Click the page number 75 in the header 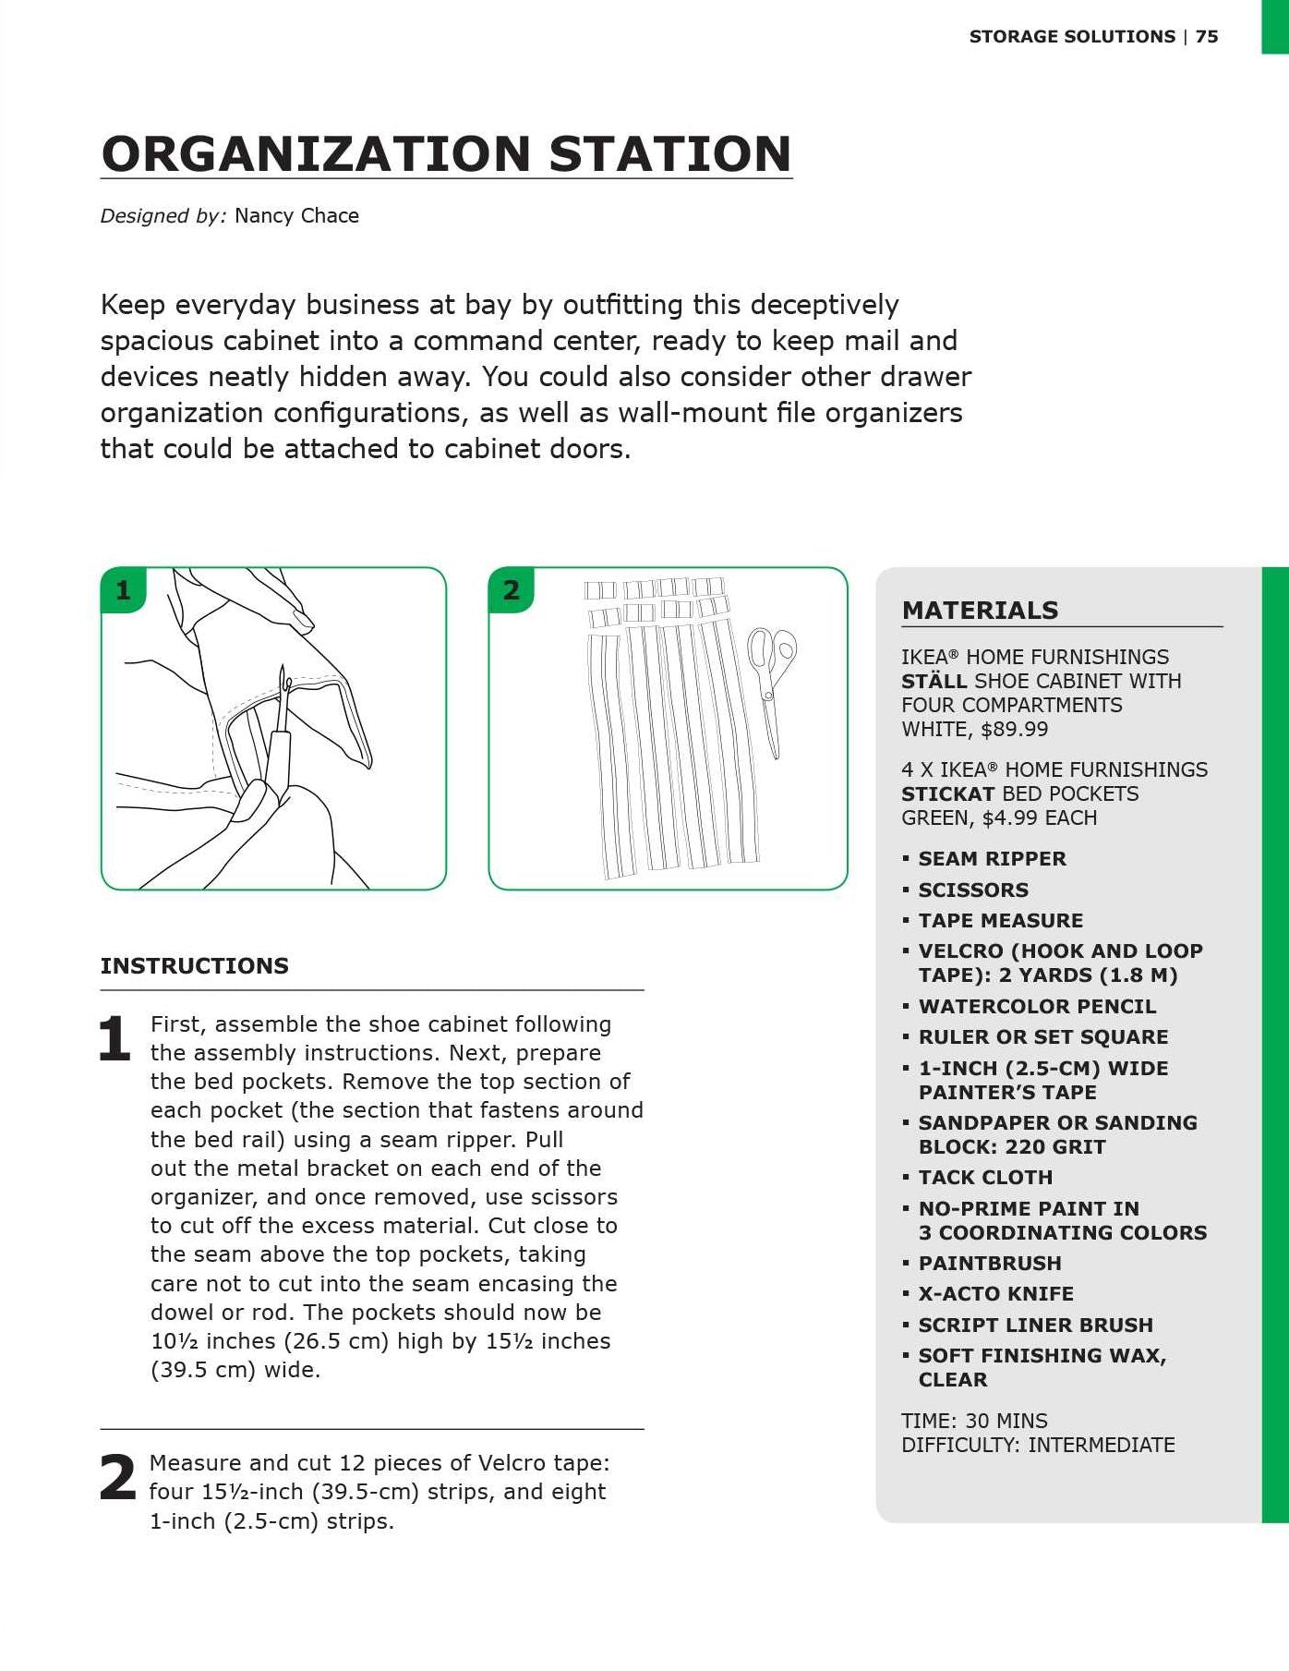pyautogui.click(x=1207, y=37)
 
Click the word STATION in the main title pyautogui.click(x=670, y=153)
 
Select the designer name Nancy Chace pyautogui.click(x=296, y=216)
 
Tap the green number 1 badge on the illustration pyautogui.click(x=123, y=589)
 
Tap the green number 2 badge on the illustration pyautogui.click(x=511, y=589)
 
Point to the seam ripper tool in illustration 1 pyautogui.click(x=277, y=730)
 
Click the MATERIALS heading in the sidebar pyautogui.click(x=980, y=611)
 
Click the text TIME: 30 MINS pyautogui.click(x=974, y=1421)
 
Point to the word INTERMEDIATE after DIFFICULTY pyautogui.click(x=1102, y=1445)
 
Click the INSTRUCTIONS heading pyautogui.click(x=195, y=966)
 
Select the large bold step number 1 pyautogui.click(x=114, y=1038)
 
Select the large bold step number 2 pyautogui.click(x=117, y=1477)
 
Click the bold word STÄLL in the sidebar pyautogui.click(x=934, y=681)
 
